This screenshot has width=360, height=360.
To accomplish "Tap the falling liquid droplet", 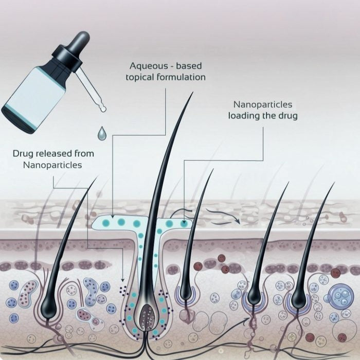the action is click(102, 134).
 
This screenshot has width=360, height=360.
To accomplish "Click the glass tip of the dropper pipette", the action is click(102, 107).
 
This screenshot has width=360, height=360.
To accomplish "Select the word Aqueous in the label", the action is click(149, 66).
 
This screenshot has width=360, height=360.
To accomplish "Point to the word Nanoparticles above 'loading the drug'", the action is click(263, 105).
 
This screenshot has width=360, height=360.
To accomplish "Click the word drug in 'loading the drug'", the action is click(288, 116).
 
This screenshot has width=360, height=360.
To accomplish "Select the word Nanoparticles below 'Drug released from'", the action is click(52, 165).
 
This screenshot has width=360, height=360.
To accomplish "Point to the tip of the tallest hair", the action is click(193, 93).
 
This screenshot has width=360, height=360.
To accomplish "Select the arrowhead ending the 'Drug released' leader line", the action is click(122, 280).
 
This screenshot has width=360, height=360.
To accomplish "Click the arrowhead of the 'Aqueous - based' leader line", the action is click(112, 216).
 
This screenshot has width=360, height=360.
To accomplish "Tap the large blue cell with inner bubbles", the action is click(340, 295).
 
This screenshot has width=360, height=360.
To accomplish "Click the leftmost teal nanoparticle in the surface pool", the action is click(106, 223).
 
